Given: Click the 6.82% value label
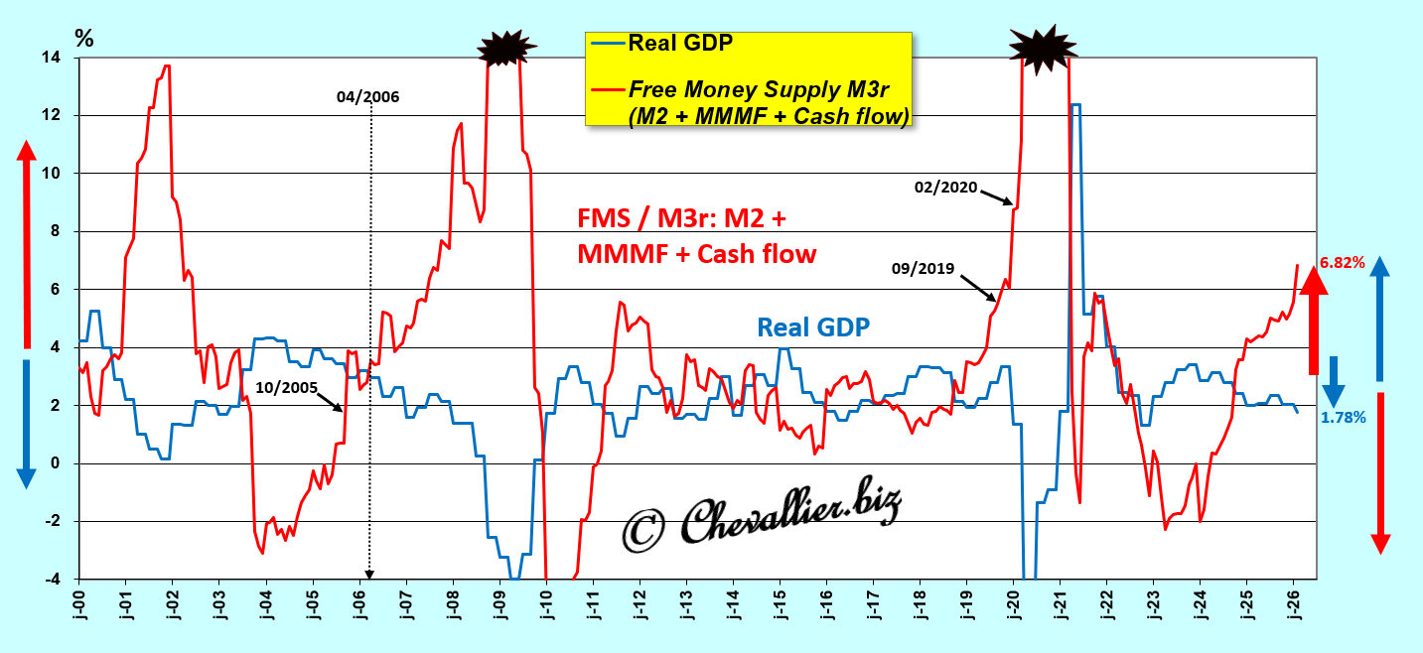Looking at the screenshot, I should tap(1343, 263).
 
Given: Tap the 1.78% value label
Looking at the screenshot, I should tap(1343, 418).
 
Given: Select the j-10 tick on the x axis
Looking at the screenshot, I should tap(546, 604).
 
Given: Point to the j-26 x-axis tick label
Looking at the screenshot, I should tap(1294, 604).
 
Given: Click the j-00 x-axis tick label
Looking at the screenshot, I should tap(79, 604).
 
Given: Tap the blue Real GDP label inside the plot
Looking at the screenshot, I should tap(813, 326).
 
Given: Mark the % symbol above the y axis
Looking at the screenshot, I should tap(84, 39).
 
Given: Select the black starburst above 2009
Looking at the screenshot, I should tap(506, 46).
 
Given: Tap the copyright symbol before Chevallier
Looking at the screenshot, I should tap(642, 530).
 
